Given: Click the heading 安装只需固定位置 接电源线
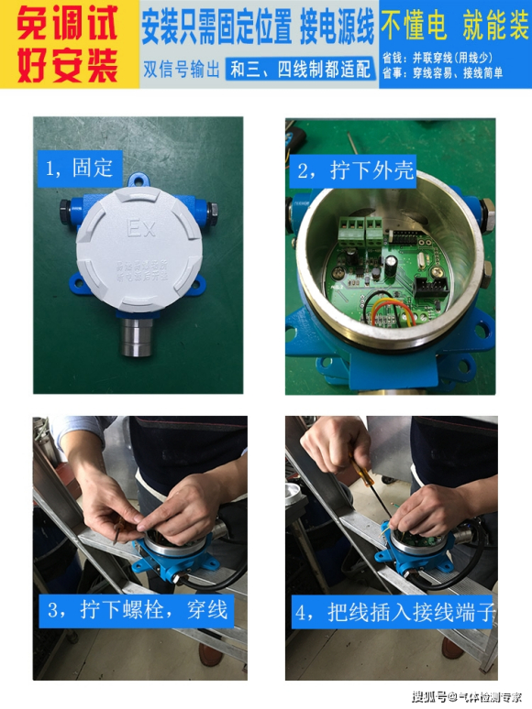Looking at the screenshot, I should [x=258, y=28].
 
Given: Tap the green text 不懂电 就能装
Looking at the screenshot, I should [x=455, y=27].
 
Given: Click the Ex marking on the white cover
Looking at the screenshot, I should [x=138, y=226].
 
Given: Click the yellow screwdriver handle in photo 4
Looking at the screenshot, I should [x=360, y=476].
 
